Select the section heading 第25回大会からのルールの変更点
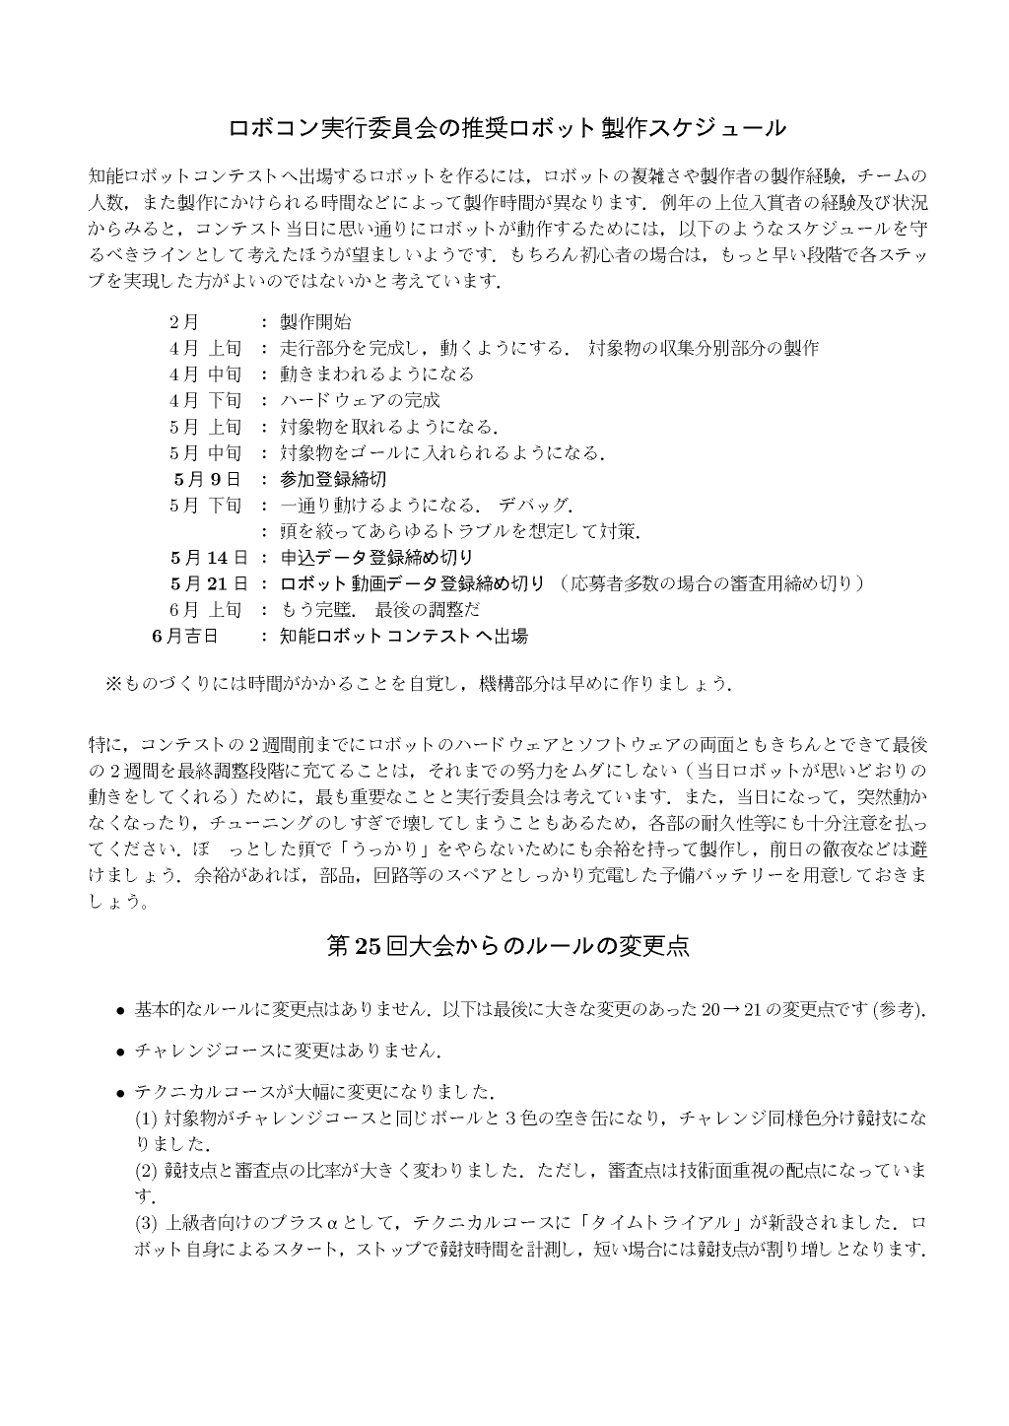506,946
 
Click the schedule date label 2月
183,322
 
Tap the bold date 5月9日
206,479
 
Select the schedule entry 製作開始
315,322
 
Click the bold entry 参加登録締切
333,479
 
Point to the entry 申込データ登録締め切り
376,558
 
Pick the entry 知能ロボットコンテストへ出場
403,636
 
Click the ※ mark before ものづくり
111,683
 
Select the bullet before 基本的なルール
119,1010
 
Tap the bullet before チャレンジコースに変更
119,1052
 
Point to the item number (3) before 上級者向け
145,1223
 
